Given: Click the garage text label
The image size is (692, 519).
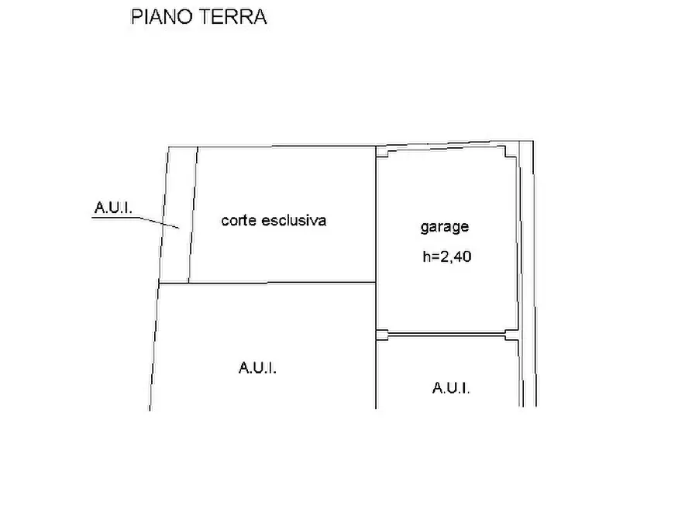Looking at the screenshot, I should (x=445, y=228).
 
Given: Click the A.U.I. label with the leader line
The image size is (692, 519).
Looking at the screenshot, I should (x=113, y=208).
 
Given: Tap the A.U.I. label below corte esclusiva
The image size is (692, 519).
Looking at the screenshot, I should (x=258, y=369).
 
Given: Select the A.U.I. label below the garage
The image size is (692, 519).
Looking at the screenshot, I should (x=450, y=388).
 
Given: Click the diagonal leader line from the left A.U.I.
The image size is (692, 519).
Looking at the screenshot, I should (x=158, y=222).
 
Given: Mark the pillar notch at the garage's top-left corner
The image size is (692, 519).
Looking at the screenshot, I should (x=381, y=153).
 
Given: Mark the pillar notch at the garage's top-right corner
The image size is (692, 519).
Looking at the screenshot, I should (x=510, y=153).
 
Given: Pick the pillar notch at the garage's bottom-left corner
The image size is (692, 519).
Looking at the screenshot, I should (x=381, y=335).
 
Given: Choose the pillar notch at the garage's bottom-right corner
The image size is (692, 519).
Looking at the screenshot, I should (x=511, y=335).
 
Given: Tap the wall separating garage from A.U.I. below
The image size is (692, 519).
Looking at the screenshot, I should (x=446, y=335).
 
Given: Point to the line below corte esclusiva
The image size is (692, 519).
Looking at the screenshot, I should (x=267, y=283).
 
